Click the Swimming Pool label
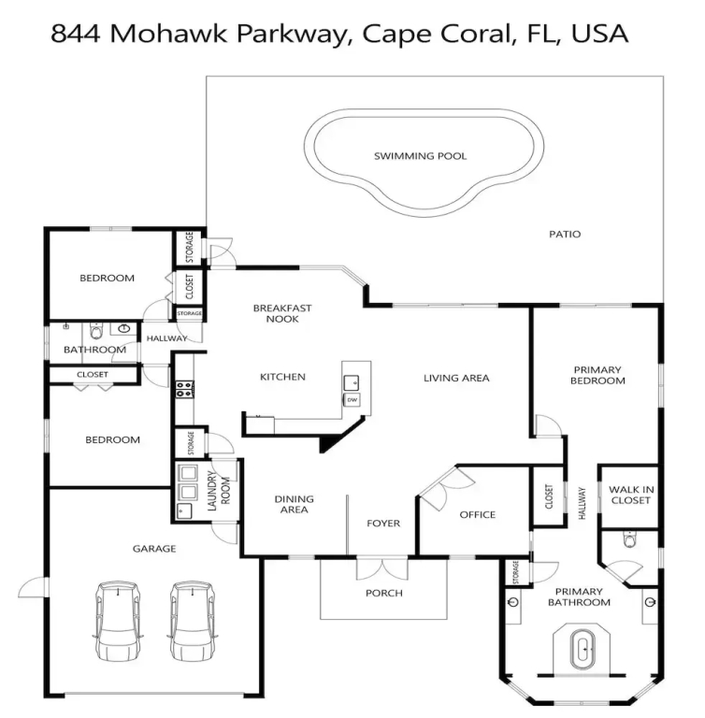tap(420, 156)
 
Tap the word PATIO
tap(565, 235)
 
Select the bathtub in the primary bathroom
tap(583, 651)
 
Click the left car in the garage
tap(118, 621)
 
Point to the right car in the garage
tap(193, 621)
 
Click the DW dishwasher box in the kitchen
tap(352, 400)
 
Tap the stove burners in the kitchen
tap(185, 389)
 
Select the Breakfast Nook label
tap(282, 314)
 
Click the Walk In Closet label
tap(631, 495)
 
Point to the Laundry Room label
tap(219, 491)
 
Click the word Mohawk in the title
tap(168, 34)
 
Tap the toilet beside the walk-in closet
tap(630, 539)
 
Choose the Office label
tap(478, 515)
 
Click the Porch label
tap(384, 594)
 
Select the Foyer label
tap(383, 524)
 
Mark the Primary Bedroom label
tap(597, 375)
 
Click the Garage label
tap(154, 549)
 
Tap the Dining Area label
tap(295, 504)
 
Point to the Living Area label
tap(456, 379)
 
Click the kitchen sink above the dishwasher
tap(352, 382)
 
